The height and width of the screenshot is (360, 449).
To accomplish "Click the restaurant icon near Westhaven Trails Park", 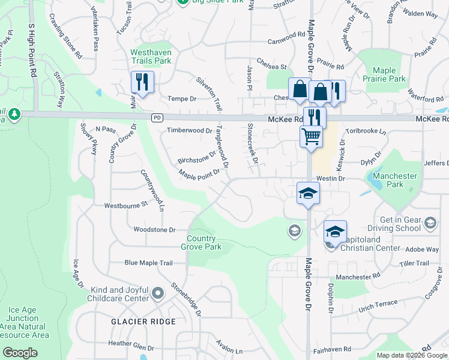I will [x=142, y=82].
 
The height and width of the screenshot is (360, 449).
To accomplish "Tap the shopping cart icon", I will [x=311, y=136].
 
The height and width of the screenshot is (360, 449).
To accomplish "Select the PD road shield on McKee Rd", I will [x=157, y=117].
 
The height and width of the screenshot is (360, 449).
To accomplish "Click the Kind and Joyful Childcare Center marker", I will [x=158, y=293].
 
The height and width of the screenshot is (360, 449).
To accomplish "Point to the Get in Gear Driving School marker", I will [x=430, y=224].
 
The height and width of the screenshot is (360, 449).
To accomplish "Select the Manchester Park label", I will [x=394, y=180].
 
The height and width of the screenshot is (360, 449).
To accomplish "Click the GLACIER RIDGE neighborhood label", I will [x=143, y=322].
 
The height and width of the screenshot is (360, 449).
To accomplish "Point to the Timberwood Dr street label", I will [x=189, y=130].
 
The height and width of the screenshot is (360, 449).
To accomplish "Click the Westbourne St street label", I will [x=126, y=205].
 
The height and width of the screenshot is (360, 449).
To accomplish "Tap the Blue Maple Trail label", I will [x=148, y=263].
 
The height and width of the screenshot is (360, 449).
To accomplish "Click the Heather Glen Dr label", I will [x=131, y=347].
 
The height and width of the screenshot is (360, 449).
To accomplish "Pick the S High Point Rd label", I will [x=31, y=50].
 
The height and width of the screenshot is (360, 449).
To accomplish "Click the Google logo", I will [x=20, y=353].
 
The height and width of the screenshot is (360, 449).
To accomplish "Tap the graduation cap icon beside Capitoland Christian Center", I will [x=335, y=231].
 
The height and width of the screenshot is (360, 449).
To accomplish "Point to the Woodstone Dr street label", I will [x=154, y=230].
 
